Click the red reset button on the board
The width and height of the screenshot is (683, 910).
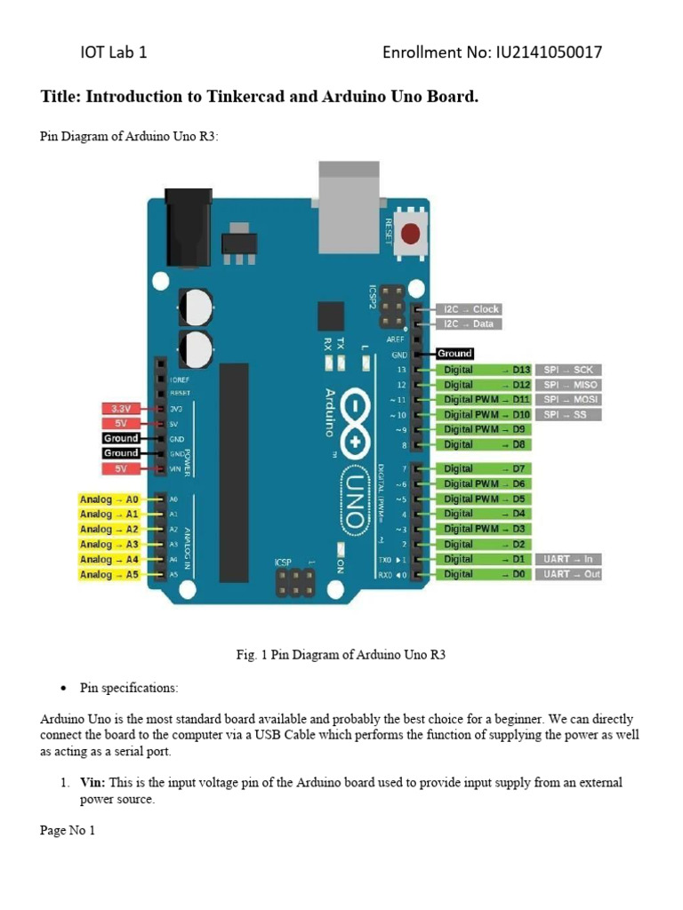click(411, 234)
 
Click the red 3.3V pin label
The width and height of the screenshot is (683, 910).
click(120, 409)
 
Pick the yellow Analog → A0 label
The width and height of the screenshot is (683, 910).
click(108, 499)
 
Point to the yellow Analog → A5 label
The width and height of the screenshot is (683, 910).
click(108, 575)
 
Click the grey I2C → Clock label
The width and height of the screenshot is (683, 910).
click(471, 309)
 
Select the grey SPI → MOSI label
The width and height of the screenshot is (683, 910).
click(567, 400)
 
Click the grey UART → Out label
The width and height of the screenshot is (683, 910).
click(567, 574)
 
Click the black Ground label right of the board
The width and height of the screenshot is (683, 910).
click(454, 354)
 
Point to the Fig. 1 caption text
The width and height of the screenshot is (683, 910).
click(340, 655)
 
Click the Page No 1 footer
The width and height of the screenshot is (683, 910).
click(68, 831)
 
